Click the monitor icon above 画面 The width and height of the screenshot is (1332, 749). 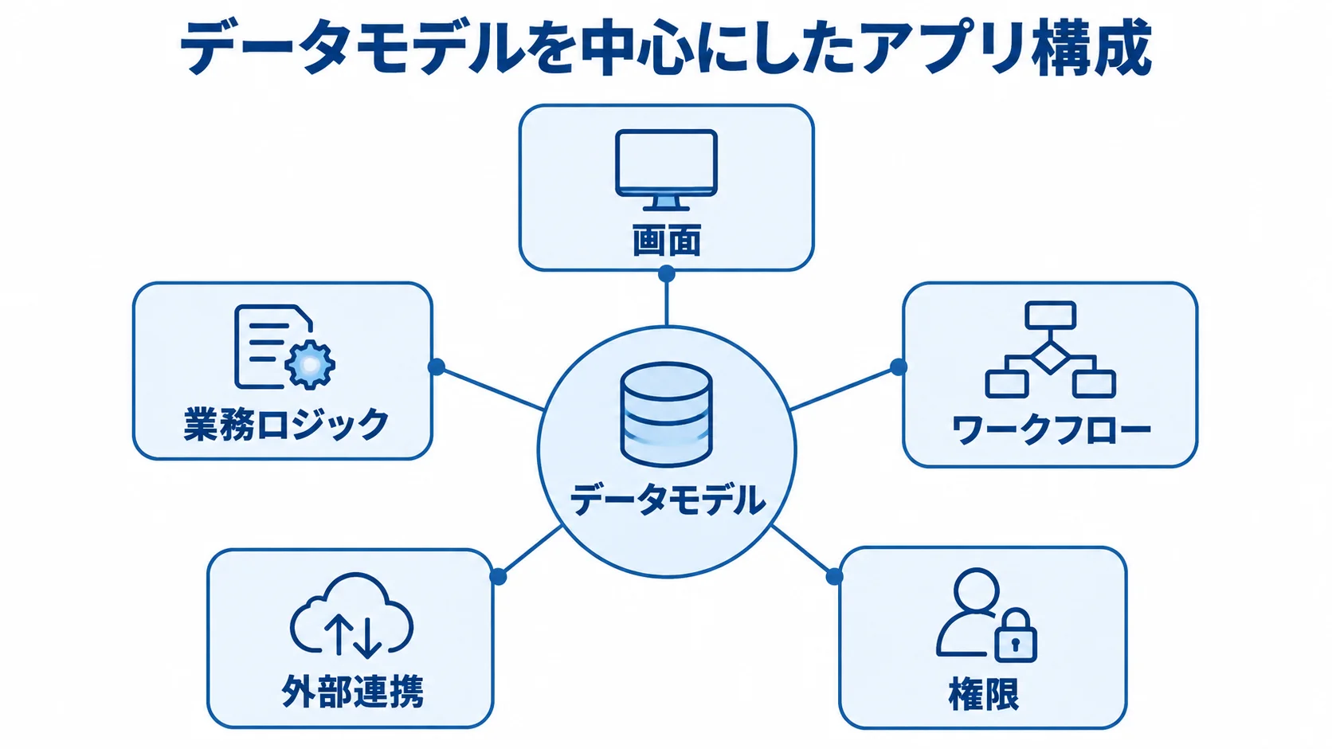[666, 171]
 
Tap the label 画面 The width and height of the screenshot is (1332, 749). [667, 241]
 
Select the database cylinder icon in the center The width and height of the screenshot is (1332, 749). [666, 414]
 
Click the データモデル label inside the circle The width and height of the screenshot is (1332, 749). [667, 500]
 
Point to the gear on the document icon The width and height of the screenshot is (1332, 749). [310, 364]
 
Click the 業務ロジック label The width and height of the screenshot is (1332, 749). [286, 424]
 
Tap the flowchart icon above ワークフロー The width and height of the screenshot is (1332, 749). [1050, 350]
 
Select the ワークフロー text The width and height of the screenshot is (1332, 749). [1051, 429]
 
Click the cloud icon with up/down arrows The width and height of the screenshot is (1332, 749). [351, 615]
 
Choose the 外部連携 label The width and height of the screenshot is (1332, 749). [353, 692]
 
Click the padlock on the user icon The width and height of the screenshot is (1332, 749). [1016, 635]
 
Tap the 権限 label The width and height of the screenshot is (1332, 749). [984, 694]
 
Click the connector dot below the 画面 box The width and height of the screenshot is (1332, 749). [667, 273]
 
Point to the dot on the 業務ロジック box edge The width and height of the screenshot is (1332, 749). [437, 367]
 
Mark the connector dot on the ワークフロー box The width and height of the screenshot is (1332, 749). [898, 367]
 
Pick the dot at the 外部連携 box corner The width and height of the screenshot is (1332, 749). [499, 576]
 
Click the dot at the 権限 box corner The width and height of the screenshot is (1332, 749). [834, 576]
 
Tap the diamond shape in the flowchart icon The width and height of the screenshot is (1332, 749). [1050, 358]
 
